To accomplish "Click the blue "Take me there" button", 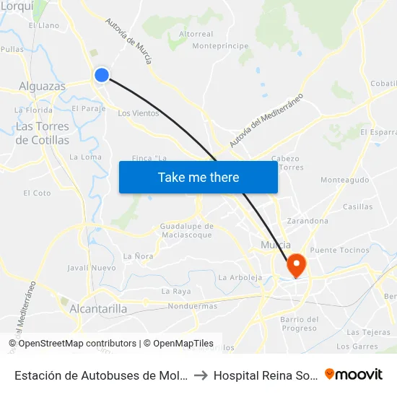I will click(198, 177).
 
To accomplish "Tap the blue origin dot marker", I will click(102, 74).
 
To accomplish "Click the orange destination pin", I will click(296, 266).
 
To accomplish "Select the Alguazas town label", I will click(42, 86).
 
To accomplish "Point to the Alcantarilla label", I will click(99, 309).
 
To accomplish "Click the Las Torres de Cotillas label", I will click(43, 134).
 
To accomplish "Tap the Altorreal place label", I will click(196, 34).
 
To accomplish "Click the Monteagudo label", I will click(344, 180).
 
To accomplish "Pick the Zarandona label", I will click(307, 221).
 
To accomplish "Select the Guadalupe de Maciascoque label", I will click(186, 230).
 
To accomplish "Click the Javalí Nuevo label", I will click(92, 268).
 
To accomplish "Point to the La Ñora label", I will click(138, 256).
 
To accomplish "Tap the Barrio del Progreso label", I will click(299, 323).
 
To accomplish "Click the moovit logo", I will click(354, 374).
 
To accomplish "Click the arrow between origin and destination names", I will click(201, 375).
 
